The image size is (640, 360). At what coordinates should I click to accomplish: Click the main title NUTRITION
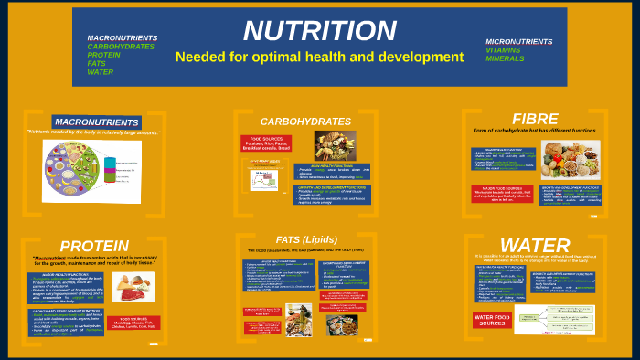pos(319,31)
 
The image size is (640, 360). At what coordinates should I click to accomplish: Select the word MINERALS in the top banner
pos(505,58)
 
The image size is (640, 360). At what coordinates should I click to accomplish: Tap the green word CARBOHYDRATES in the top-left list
pos(121,46)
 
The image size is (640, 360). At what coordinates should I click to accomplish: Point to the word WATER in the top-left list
pos(100,71)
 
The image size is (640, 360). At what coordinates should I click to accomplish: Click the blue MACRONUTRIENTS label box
pos(96,122)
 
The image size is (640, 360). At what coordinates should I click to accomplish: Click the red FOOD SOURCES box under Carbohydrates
pos(262,143)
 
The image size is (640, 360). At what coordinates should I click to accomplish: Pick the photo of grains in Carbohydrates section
pos(335,146)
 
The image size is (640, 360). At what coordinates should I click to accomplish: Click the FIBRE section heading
pos(535,119)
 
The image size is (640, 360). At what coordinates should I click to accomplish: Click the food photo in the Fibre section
pos(570,159)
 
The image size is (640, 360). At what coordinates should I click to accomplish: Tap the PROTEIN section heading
pos(93,247)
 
